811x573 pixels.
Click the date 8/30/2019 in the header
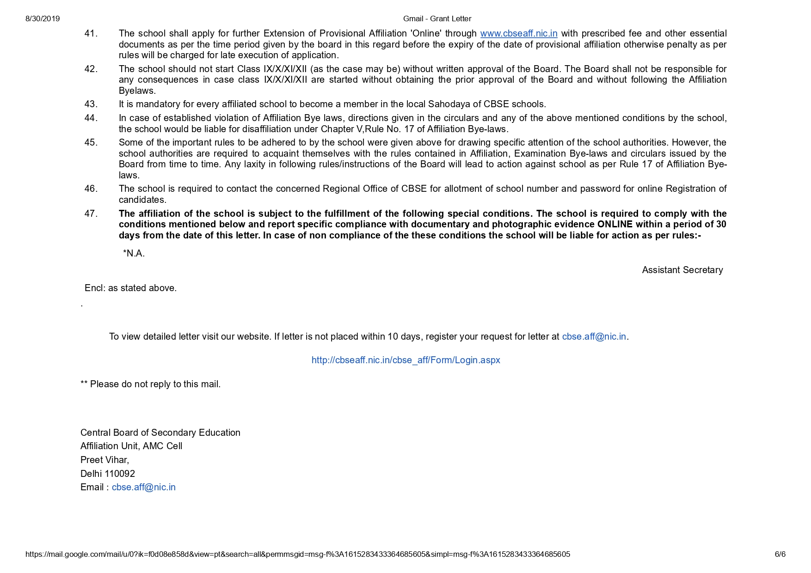click(x=43, y=19)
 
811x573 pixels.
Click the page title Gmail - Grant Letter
click(x=437, y=19)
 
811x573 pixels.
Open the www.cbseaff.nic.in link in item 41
click(x=518, y=34)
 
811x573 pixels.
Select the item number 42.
click(x=91, y=69)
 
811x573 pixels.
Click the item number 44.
click(x=91, y=118)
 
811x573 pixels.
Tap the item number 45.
click(x=91, y=143)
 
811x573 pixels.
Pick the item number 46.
click(x=91, y=189)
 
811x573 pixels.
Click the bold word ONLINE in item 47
click(x=614, y=225)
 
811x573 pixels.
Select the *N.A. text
click(x=134, y=254)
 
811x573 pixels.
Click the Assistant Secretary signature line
click(x=682, y=270)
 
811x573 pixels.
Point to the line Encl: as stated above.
click(x=130, y=288)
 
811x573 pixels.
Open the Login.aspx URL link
click(x=405, y=360)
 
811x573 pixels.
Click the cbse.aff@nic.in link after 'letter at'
click(x=594, y=337)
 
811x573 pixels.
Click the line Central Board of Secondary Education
click(x=160, y=433)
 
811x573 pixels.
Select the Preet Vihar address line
click(x=104, y=460)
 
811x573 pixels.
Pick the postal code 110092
click(x=120, y=474)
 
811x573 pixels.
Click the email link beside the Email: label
click(x=143, y=488)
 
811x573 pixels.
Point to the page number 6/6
click(x=780, y=555)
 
